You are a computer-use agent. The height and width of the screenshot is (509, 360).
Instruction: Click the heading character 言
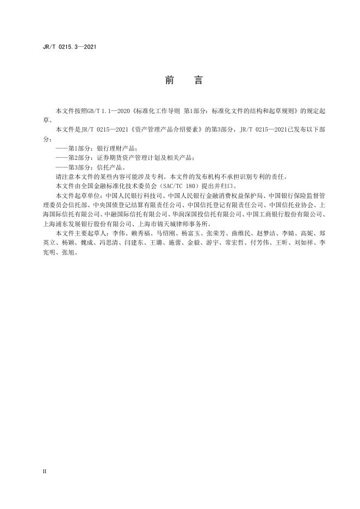(x=198, y=80)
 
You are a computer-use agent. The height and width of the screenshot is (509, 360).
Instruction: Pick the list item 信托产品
(x=110, y=167)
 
